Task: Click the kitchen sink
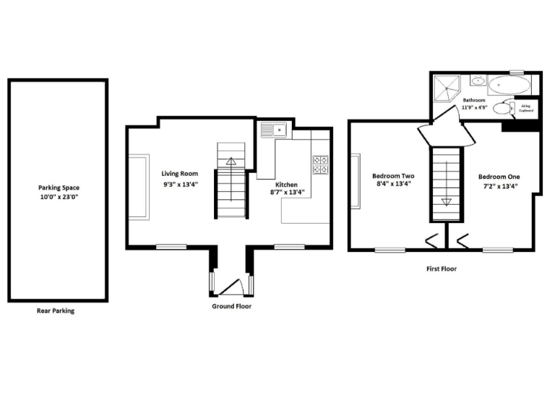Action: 275,130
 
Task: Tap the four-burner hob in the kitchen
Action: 320,164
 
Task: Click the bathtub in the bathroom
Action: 509,88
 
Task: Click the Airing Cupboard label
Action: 526,108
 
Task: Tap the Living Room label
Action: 180,173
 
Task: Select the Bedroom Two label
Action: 393,176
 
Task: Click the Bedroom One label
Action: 499,176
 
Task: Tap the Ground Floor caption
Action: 231,306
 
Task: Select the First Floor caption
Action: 441,269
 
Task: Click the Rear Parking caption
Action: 56,311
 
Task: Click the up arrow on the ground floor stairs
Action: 231,161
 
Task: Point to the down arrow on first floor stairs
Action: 446,202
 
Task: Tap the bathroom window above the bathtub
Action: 516,72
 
